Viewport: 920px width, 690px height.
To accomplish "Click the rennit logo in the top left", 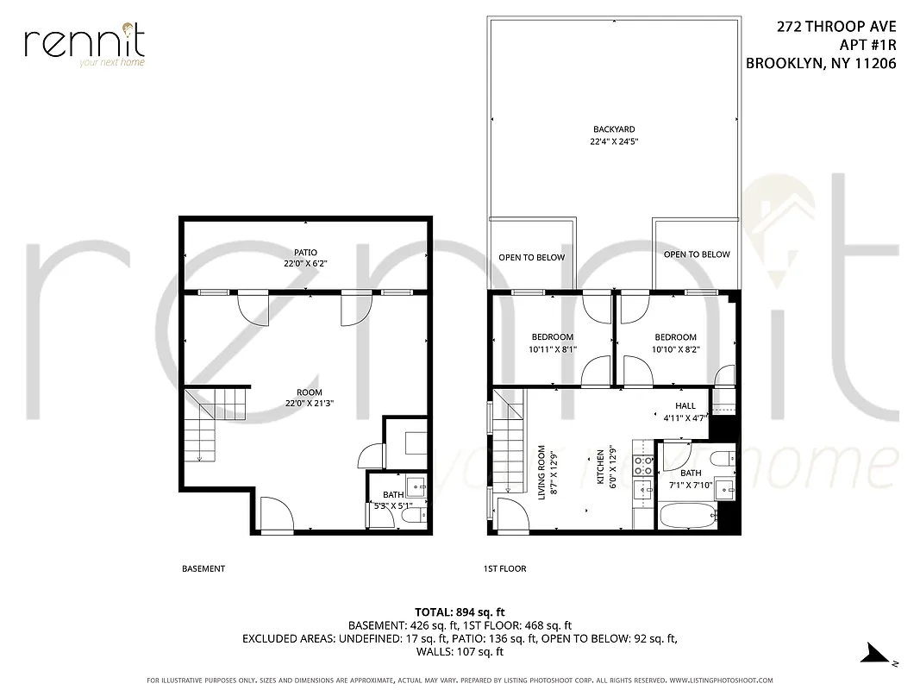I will tap(84, 44).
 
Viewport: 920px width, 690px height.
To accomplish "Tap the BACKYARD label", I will tap(614, 129).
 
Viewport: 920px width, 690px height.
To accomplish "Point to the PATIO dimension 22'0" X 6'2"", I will tap(305, 264).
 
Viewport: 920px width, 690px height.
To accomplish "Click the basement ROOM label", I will tap(310, 392).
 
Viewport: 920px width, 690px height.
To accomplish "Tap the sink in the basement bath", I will tap(415, 485).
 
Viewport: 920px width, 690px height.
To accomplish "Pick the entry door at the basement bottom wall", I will tap(277, 517).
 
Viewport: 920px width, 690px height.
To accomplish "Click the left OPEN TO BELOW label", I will tap(531, 258).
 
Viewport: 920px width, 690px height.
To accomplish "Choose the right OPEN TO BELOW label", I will tap(697, 254).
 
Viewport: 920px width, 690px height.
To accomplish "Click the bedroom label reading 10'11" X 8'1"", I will tap(552, 349).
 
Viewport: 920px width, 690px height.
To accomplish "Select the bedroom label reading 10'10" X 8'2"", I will tap(675, 349).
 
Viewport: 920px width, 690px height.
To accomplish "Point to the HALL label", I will tap(685, 405).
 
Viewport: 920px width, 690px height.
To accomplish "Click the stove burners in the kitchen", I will tap(643, 466).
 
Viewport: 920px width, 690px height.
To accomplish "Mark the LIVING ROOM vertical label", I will tap(541, 472).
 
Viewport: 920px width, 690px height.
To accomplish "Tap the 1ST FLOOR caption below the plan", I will tap(504, 569).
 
